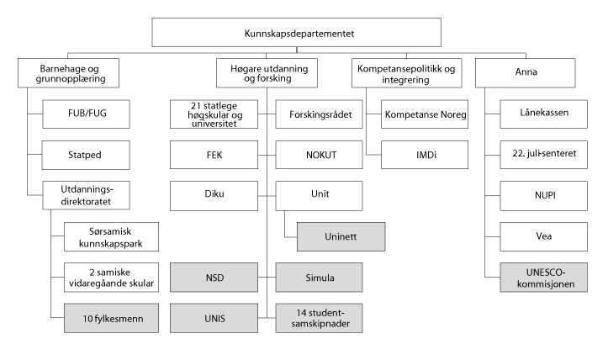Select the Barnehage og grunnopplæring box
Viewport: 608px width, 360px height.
[x=66, y=73]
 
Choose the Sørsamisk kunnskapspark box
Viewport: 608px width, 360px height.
[x=110, y=236]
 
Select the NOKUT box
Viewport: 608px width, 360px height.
[x=319, y=155]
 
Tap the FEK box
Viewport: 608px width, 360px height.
[x=213, y=155]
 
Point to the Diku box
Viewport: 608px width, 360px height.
[x=213, y=195]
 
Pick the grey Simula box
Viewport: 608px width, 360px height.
[x=319, y=277]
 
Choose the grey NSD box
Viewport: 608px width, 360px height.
[x=213, y=277]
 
